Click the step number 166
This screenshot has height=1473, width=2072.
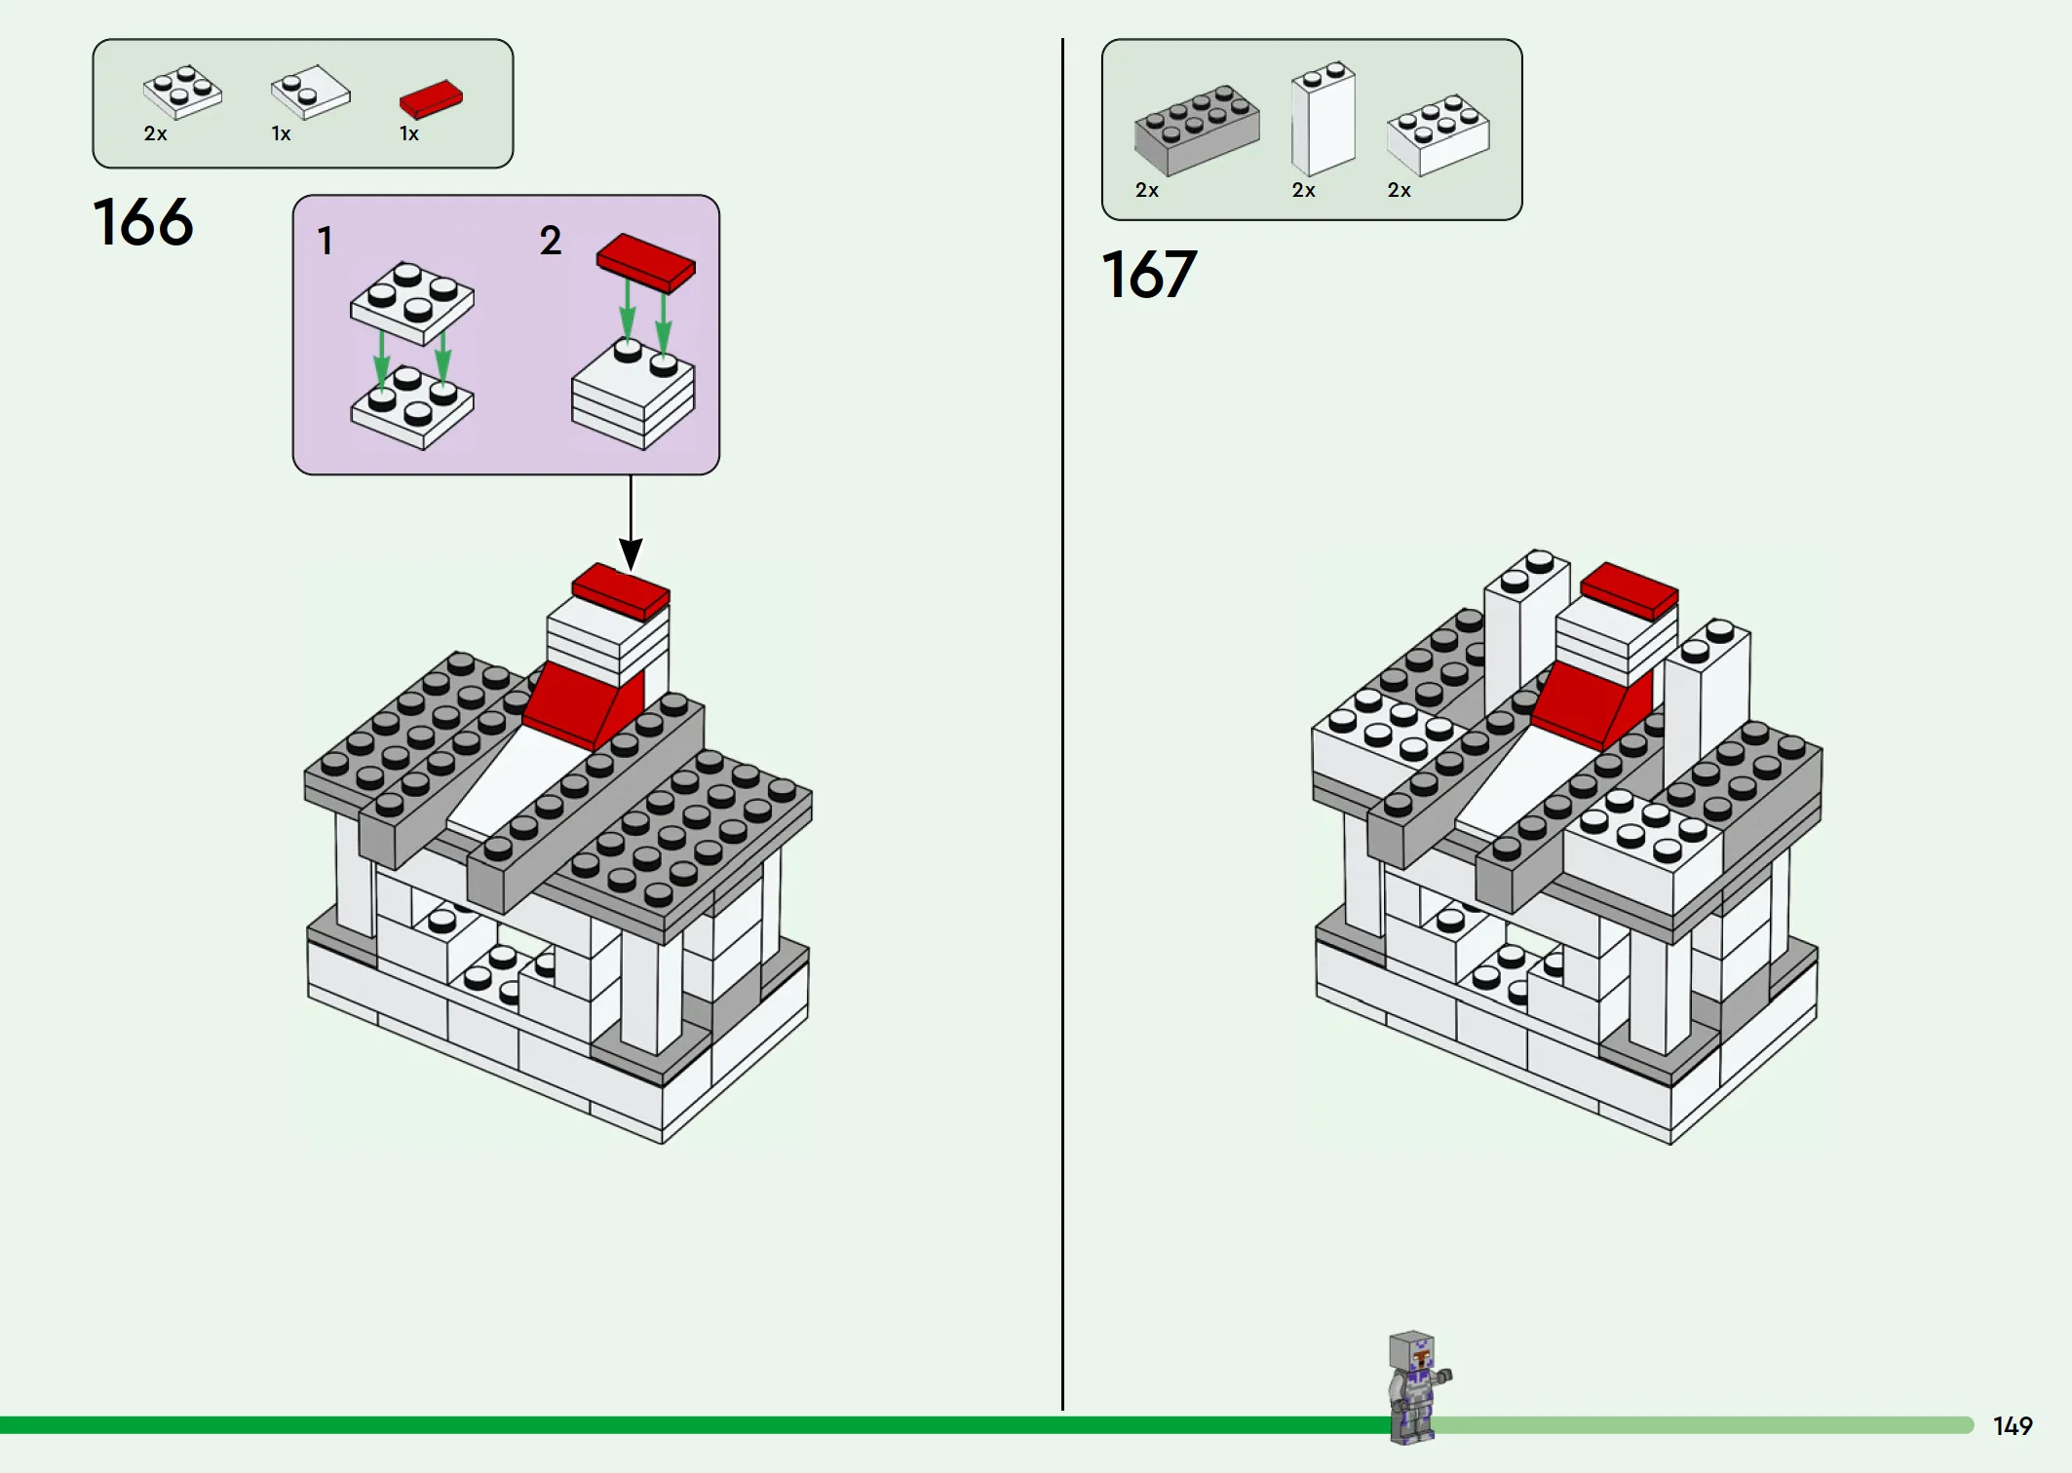click(x=143, y=222)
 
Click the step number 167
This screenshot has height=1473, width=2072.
click(x=1149, y=275)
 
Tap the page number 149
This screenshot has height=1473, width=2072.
click(x=2013, y=1426)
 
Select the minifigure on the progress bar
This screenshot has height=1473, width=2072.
click(x=1416, y=1387)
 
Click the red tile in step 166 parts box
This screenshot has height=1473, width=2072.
click(x=431, y=98)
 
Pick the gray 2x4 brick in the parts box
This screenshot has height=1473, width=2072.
click(x=1197, y=130)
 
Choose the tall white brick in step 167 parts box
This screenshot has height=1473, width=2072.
click(x=1323, y=120)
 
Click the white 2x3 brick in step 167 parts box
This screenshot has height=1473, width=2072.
click(x=1439, y=134)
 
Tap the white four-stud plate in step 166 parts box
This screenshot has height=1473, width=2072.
click(x=182, y=93)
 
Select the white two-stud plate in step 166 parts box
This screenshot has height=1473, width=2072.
click(x=311, y=93)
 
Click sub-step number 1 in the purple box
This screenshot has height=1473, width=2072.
click(x=326, y=242)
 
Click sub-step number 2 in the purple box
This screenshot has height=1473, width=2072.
click(x=551, y=241)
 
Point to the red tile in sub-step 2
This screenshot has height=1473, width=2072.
click(x=646, y=262)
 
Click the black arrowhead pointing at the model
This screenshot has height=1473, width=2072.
click(x=632, y=555)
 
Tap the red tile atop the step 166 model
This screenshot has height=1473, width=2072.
click(x=621, y=590)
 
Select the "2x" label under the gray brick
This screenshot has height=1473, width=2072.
click(x=1147, y=191)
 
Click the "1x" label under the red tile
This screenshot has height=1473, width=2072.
click(x=409, y=134)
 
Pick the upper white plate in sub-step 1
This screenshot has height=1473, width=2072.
click(x=412, y=302)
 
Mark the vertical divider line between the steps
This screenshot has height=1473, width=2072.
click(x=1062, y=721)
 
